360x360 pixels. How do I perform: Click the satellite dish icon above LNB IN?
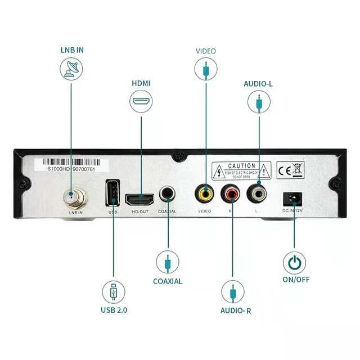(x=71, y=68)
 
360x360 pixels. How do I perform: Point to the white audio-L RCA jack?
(x=259, y=195)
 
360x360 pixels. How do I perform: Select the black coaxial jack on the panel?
(x=168, y=195)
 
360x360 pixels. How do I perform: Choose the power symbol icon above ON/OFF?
(x=294, y=262)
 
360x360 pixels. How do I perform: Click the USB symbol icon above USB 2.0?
(x=114, y=292)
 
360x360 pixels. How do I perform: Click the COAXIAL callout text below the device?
(x=168, y=281)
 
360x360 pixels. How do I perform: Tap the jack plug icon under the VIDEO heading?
(x=206, y=69)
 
